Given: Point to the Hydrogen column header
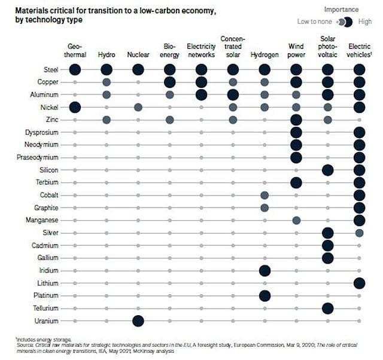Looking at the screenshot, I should (265, 54).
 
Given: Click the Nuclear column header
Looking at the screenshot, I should (138, 54).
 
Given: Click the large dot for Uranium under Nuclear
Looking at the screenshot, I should (138, 321).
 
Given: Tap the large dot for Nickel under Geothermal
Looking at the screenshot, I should (75, 107).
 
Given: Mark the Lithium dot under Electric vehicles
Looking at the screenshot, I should (359, 283).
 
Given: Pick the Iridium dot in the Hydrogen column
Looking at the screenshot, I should (265, 270).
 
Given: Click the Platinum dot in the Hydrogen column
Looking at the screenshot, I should (265, 295).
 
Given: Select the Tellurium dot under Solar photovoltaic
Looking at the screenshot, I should (327, 308).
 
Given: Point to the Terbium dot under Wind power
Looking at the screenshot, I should (296, 182).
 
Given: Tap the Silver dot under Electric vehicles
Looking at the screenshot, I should (359, 233).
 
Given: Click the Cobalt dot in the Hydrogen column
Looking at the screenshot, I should (265, 195).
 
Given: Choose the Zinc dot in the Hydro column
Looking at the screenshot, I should (107, 120).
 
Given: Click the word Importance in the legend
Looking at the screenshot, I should (341, 10).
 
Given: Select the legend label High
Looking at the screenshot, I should (365, 22).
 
